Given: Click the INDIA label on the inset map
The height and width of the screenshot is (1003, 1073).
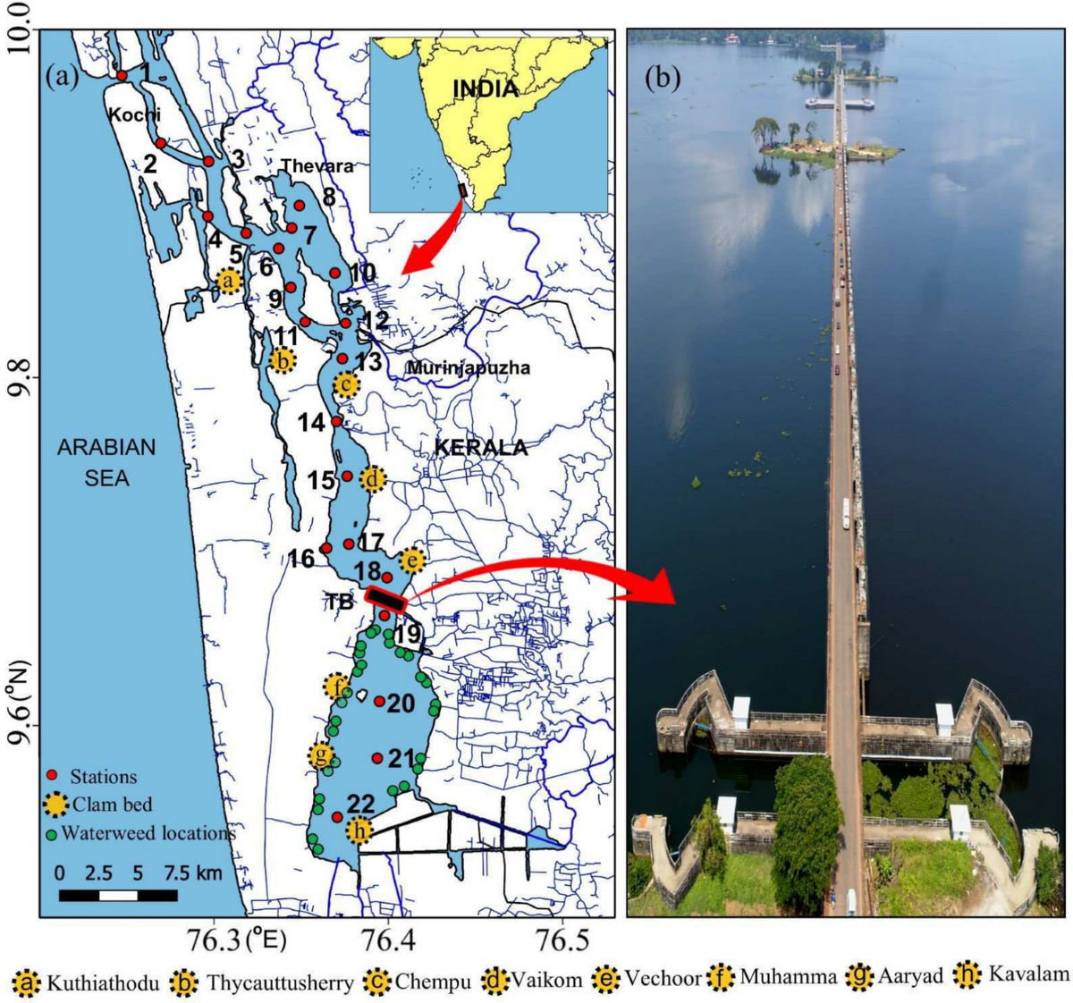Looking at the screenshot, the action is [x=486, y=88].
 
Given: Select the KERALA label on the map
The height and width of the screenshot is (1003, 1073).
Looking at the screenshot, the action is [x=480, y=448].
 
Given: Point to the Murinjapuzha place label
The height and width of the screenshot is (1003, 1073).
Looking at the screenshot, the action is [x=469, y=367].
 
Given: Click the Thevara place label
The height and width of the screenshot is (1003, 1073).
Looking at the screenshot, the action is [x=317, y=166].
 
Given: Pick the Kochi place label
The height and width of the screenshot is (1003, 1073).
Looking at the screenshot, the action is [x=134, y=114].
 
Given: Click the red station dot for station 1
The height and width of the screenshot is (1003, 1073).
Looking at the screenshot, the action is [x=122, y=76].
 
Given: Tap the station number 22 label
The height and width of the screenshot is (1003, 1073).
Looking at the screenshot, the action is [x=360, y=804].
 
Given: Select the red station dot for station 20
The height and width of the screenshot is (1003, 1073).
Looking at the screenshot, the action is [x=379, y=701].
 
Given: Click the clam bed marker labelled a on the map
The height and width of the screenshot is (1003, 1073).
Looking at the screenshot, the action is [x=229, y=281].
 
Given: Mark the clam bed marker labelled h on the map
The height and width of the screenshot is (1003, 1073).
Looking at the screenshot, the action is [x=359, y=831].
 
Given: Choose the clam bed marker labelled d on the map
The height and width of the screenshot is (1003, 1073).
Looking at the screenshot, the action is [x=373, y=479].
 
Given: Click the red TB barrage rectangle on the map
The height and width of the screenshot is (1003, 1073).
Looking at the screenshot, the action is [x=386, y=599].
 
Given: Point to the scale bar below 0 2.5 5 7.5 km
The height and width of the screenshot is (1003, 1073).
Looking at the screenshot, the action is [x=118, y=895].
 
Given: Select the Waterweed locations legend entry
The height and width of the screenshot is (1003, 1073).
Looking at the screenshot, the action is [x=140, y=833].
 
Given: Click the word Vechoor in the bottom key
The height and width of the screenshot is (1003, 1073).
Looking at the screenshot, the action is [x=663, y=978].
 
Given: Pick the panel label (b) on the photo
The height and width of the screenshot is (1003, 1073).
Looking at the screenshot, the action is [x=663, y=78].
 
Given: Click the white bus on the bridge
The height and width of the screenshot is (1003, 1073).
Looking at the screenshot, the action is [x=845, y=513].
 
